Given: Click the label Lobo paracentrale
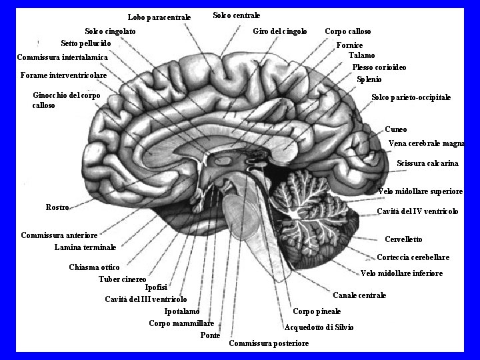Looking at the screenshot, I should click(x=159, y=17).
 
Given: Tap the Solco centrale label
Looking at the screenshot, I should click(x=236, y=15).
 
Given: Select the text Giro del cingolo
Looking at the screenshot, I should click(x=280, y=31).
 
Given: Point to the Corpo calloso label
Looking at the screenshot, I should click(x=347, y=31).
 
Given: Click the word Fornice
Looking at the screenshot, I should click(x=349, y=45).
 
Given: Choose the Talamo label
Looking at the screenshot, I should click(x=361, y=56).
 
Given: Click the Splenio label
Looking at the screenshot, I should click(x=369, y=79).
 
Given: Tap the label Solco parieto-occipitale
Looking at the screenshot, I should click(x=411, y=97).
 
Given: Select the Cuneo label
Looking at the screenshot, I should click(x=395, y=129).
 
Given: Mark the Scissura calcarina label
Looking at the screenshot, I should click(x=427, y=163).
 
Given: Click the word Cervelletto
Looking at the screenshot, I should click(x=403, y=239).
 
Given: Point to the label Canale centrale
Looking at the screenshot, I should click(x=359, y=295).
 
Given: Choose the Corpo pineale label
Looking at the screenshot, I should click(x=317, y=311).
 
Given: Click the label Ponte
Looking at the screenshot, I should click(x=210, y=335).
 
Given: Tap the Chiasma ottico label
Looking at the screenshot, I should click(x=94, y=267).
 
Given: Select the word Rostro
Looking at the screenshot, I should click(x=57, y=207).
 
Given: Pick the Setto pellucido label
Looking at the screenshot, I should click(x=85, y=43).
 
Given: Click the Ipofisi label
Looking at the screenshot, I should click(x=156, y=288).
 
